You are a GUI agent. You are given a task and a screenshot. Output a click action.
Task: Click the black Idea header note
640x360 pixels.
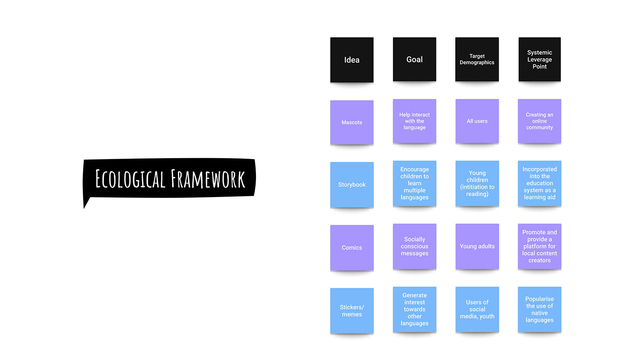[352, 60]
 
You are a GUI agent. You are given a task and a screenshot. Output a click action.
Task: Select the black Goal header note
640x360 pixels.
[414, 59]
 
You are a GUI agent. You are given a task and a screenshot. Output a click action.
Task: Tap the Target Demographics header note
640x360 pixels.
[477, 59]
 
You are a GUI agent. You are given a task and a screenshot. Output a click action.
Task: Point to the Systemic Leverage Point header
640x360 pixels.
[539, 59]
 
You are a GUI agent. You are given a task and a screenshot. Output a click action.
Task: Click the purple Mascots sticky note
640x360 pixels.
[352, 122]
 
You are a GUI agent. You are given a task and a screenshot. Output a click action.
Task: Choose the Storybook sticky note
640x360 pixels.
[352, 185]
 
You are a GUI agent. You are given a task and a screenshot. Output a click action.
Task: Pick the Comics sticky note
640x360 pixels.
[352, 247]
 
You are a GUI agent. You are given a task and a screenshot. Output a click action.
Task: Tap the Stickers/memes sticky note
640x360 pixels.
[352, 311]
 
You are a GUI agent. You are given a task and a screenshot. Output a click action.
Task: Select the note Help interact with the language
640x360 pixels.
[414, 121]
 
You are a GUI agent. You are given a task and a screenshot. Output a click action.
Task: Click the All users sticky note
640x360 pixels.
[477, 121]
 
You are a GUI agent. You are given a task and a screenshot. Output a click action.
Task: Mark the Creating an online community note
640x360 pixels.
[539, 121]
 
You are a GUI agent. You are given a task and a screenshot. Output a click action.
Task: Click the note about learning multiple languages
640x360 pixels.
[414, 183]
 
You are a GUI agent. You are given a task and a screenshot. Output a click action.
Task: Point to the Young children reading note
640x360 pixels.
[477, 183]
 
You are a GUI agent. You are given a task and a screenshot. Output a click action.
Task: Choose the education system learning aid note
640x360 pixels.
[539, 183]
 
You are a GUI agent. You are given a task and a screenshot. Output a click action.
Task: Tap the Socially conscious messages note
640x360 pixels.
[414, 246]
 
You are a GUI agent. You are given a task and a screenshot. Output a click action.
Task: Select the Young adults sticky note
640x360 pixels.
[477, 246]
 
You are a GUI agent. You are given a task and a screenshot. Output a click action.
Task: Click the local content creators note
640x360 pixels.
[539, 246]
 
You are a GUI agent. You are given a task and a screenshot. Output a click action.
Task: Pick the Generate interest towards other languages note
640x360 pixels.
[414, 309]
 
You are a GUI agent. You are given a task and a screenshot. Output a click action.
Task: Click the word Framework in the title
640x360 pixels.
[208, 179]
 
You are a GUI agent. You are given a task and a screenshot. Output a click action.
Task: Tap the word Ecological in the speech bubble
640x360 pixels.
[130, 179]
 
